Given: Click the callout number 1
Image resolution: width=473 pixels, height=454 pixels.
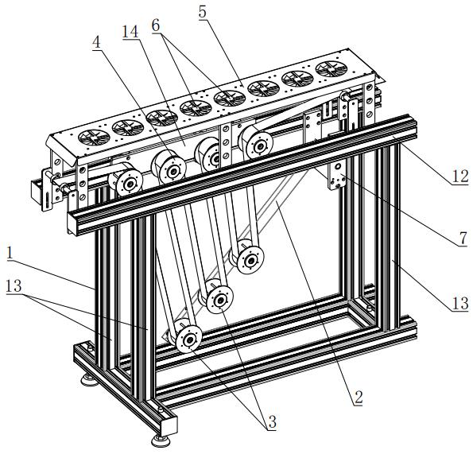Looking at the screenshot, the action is pyautogui.click(x=10, y=253).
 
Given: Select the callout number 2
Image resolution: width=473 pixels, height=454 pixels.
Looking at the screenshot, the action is pyautogui.click(x=359, y=397).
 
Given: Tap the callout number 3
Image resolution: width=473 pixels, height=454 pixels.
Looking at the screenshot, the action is pyautogui.click(x=272, y=422).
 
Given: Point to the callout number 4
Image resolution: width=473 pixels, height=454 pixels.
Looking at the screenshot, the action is pyautogui.click(x=96, y=42).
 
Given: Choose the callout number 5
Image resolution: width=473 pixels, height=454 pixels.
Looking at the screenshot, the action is pyautogui.click(x=203, y=13).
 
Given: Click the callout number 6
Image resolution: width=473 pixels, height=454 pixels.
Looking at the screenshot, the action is pyautogui.click(x=156, y=25).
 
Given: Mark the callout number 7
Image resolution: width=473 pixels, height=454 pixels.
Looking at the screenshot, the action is pyautogui.click(x=463, y=239).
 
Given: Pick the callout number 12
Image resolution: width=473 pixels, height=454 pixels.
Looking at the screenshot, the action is pyautogui.click(x=459, y=177).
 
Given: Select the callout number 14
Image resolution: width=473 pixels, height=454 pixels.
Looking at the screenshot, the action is pyautogui.click(x=130, y=31).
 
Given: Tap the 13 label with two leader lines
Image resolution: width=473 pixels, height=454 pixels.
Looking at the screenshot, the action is pyautogui.click(x=14, y=285).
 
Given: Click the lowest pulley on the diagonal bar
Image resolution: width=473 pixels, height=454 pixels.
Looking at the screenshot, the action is pyautogui.click(x=189, y=340).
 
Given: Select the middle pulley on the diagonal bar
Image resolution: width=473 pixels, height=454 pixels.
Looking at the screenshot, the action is pyautogui.click(x=219, y=301).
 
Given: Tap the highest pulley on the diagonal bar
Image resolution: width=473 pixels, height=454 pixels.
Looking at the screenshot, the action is pyautogui.click(x=250, y=260).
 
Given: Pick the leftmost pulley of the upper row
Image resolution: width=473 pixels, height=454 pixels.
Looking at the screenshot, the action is pyautogui.click(x=129, y=183).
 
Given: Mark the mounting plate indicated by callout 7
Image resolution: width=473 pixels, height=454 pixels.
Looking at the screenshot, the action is pyautogui.click(x=337, y=176).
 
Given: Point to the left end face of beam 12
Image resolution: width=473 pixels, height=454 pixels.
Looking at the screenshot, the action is pyautogui.click(x=74, y=223).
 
